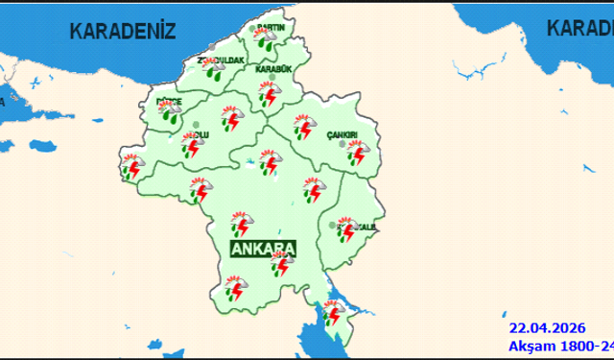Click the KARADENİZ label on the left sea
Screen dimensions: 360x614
tap(122, 31)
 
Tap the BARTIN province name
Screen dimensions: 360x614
tap(272, 28)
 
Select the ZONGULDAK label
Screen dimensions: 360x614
tap(223, 60)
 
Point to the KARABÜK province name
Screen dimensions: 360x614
tap(275, 69)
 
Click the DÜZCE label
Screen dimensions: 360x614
tap(169, 100)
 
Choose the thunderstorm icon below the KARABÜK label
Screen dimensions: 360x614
tap(268, 95)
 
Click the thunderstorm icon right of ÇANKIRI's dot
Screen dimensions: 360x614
tap(360, 154)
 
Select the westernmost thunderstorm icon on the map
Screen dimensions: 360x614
tap(132, 167)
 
